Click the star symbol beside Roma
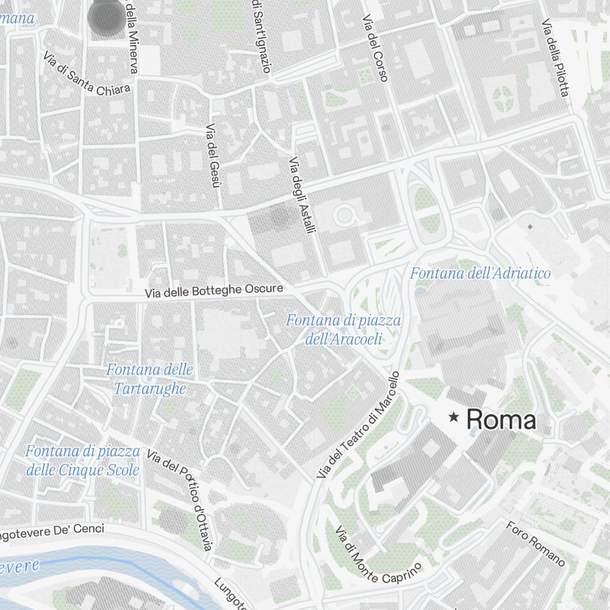tap(454, 418)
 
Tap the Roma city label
tap(501, 420)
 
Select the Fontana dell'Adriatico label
tap(480, 273)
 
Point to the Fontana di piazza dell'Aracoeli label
tap(343, 329)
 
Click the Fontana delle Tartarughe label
tap(149, 379)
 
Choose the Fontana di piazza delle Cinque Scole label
tap(83, 461)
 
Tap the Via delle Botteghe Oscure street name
tap(214, 291)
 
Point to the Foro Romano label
tap(536, 544)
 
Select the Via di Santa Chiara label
tap(87, 73)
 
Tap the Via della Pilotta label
tap(556, 58)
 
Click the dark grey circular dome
tap(106, 16)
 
